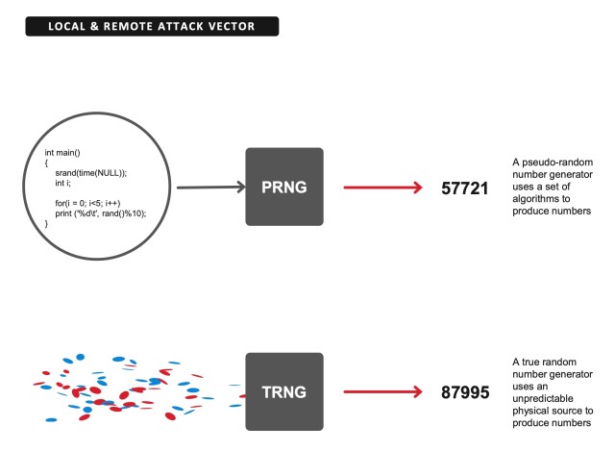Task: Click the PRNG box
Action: tap(284, 187)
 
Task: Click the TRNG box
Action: tap(284, 390)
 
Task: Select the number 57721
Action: tap(466, 188)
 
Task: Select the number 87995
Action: tap(466, 391)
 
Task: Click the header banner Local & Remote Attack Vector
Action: tap(152, 26)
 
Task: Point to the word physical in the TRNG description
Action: tap(529, 413)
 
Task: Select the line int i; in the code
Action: tap(62, 183)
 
